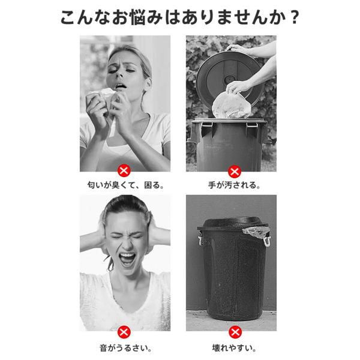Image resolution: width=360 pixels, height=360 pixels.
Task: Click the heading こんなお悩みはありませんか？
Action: (180, 17)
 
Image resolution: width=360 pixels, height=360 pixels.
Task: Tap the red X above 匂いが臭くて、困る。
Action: (124, 170)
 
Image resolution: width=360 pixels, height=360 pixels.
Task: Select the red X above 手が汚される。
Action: (234, 172)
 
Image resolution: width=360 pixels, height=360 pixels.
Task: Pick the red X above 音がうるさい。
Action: (124, 332)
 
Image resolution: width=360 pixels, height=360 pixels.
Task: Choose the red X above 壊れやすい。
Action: (235, 332)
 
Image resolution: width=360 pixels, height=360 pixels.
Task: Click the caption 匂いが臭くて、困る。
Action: (125, 185)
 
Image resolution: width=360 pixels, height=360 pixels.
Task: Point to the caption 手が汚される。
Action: (234, 185)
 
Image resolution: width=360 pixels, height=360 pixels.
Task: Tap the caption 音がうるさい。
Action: (125, 348)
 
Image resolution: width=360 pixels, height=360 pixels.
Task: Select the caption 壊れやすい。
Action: (234, 348)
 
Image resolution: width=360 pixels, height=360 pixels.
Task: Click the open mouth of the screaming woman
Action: (127, 259)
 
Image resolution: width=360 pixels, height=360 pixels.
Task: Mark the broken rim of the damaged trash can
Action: (256, 232)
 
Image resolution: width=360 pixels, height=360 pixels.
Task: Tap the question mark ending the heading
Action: (294, 17)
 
